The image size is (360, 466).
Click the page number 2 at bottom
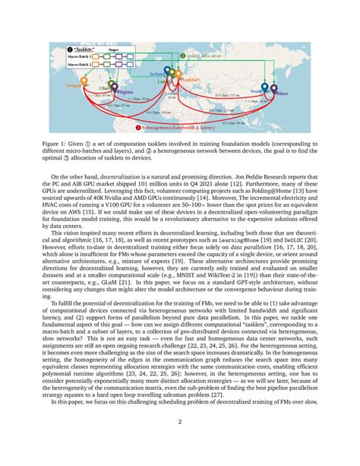coord(180,440)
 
